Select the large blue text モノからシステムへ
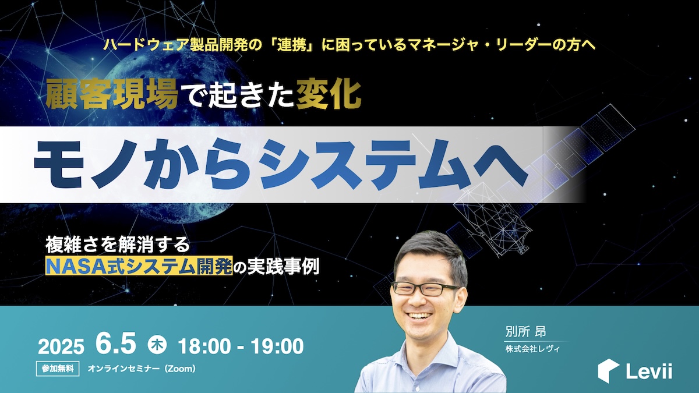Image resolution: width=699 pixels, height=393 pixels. (280, 164)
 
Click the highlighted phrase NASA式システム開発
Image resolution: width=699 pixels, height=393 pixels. (139, 265)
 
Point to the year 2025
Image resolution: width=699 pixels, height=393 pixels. (61, 346)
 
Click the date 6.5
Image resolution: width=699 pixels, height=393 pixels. (116, 344)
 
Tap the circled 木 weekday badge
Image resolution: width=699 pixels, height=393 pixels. (157, 344)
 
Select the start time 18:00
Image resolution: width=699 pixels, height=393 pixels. (204, 346)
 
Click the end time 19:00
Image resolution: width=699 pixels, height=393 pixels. (277, 346)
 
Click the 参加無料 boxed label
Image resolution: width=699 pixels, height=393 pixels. (58, 369)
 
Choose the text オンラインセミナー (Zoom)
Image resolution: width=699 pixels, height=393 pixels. (142, 369)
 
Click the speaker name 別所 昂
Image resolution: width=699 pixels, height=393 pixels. (526, 332)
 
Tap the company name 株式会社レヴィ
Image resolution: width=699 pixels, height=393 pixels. (532, 349)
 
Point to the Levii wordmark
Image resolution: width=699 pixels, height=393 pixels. (649, 371)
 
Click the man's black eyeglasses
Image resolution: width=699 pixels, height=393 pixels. (425, 289)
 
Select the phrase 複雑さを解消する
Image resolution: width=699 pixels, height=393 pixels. (118, 245)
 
